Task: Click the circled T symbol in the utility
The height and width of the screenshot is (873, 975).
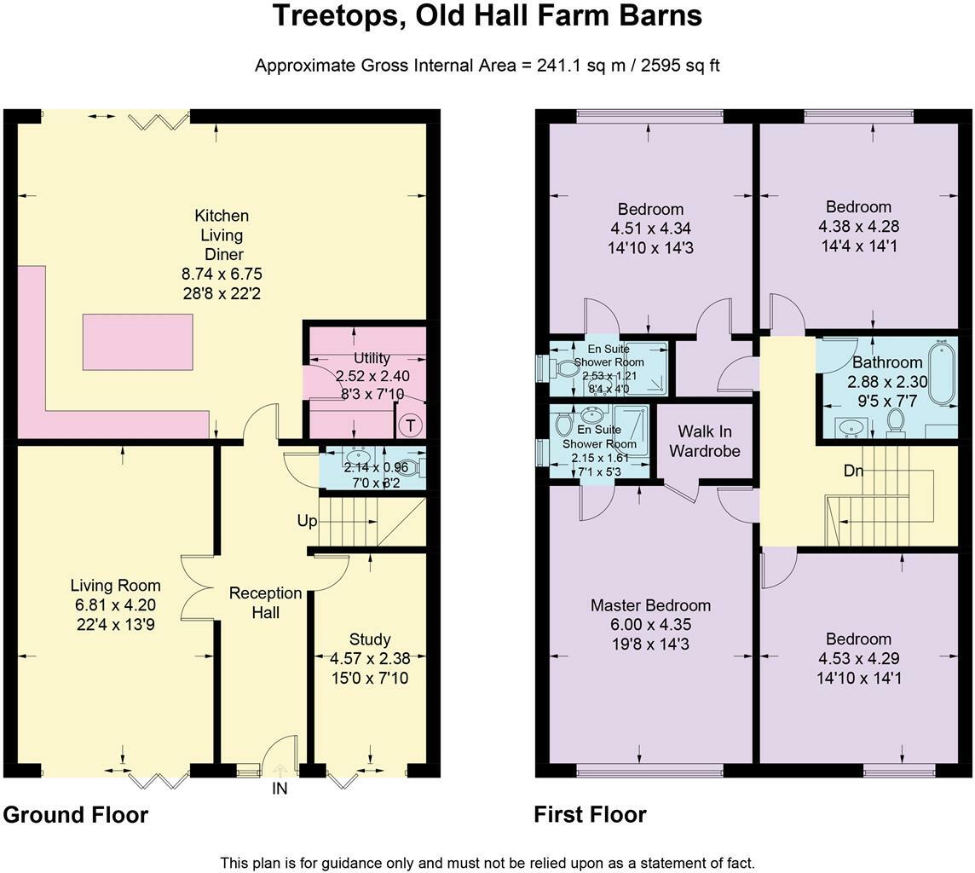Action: [x=411, y=425]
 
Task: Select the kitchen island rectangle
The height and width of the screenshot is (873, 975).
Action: [x=137, y=341]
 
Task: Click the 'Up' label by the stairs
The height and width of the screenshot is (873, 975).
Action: [x=308, y=520]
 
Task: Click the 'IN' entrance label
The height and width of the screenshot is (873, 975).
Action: [x=280, y=789]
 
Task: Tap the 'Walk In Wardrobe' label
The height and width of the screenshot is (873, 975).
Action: [x=703, y=441]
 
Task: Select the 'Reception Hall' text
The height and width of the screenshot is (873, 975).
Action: [x=265, y=602]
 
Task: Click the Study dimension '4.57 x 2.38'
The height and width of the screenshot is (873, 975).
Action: [x=370, y=658]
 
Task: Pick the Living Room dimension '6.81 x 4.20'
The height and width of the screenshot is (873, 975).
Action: [x=115, y=605]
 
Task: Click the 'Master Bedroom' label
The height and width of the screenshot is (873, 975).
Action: [x=650, y=605]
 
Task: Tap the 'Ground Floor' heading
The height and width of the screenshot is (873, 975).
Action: [x=76, y=815]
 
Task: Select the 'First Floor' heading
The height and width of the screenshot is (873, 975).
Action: [x=590, y=815]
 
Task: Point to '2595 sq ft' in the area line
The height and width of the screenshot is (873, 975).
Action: [x=678, y=65]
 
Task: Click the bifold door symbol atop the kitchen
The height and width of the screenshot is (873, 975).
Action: [x=157, y=122]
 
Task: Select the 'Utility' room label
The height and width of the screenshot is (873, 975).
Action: [x=372, y=358]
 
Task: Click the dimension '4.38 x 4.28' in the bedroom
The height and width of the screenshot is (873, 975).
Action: [x=858, y=226]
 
